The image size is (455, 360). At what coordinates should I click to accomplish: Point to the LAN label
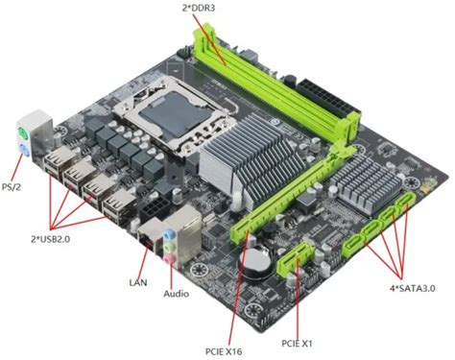137,282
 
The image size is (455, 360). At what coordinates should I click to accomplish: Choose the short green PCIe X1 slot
297,253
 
